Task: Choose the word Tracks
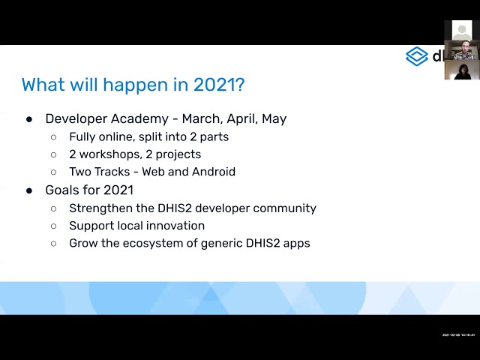(112, 172)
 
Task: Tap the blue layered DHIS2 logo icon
(416, 56)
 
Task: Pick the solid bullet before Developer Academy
(29, 118)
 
